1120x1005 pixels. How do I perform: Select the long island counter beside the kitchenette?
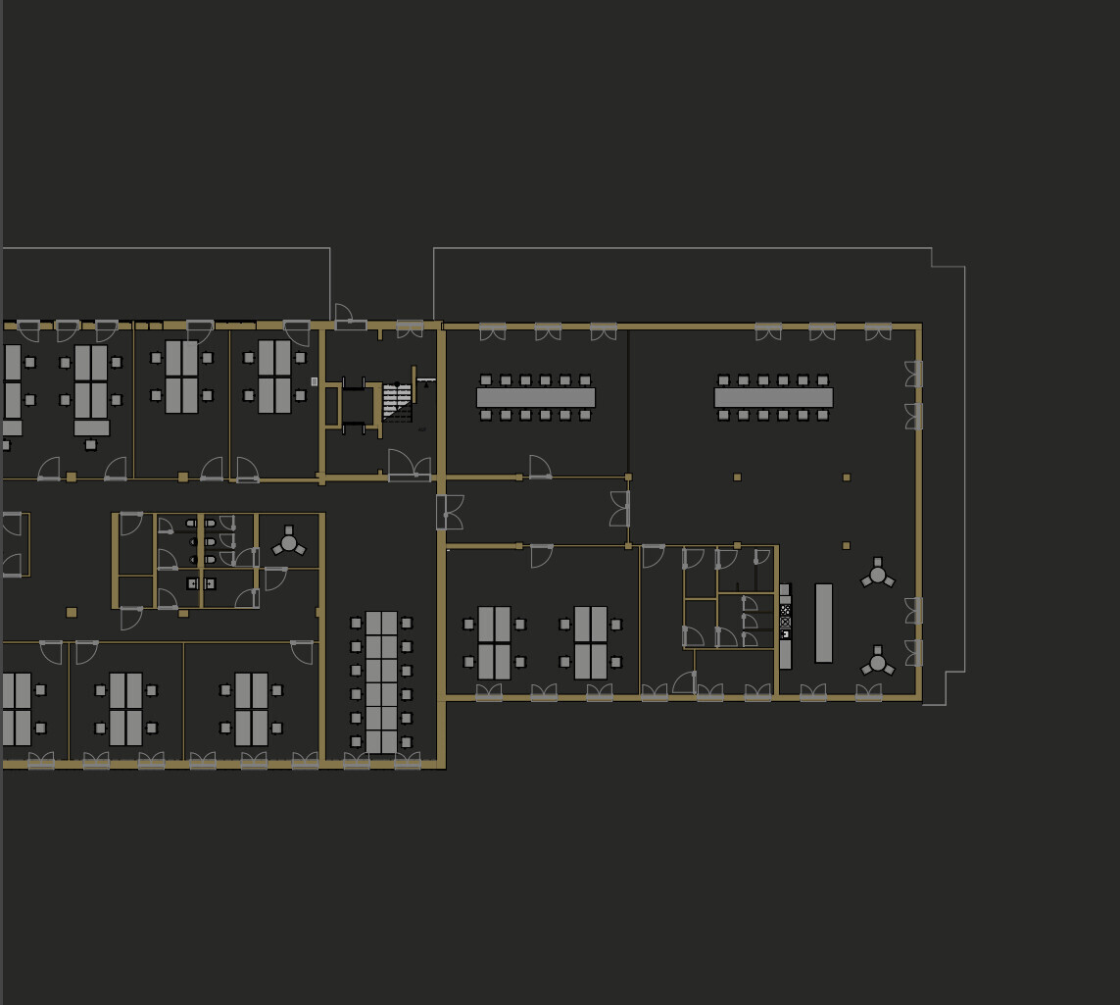[824, 624]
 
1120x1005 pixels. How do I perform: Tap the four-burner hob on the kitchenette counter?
[785, 610]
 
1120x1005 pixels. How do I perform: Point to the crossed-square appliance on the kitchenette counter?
[785, 622]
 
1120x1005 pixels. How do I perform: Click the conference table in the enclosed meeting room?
[536, 397]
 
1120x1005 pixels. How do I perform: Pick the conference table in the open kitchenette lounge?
[773, 397]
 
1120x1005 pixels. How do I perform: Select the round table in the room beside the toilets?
[288, 542]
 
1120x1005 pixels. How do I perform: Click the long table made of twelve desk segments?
[381, 681]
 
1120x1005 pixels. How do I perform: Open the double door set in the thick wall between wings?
[450, 512]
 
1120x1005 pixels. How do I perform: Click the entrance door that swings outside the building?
[344, 315]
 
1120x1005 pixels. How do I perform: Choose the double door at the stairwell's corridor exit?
[410, 466]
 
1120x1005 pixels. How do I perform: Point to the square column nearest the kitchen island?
[846, 545]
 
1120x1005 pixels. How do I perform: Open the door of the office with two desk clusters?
[541, 556]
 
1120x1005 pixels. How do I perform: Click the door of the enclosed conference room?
[540, 467]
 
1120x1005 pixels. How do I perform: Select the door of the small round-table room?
[274, 578]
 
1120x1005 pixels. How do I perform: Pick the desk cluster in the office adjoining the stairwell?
[273, 377]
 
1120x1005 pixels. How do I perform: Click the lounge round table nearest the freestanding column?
[877, 576]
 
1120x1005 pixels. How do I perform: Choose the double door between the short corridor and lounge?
[620, 509]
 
